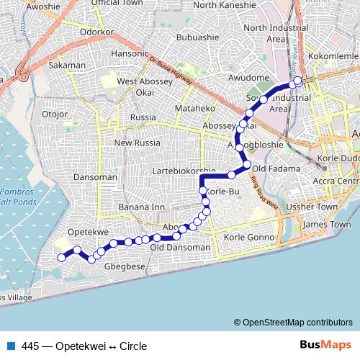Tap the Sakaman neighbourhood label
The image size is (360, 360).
67,65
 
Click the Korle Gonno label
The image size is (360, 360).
250,237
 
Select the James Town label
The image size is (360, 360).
321,225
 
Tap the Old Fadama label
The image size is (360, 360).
269,168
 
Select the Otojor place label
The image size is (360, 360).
55,113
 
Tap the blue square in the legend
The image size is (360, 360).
9,346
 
